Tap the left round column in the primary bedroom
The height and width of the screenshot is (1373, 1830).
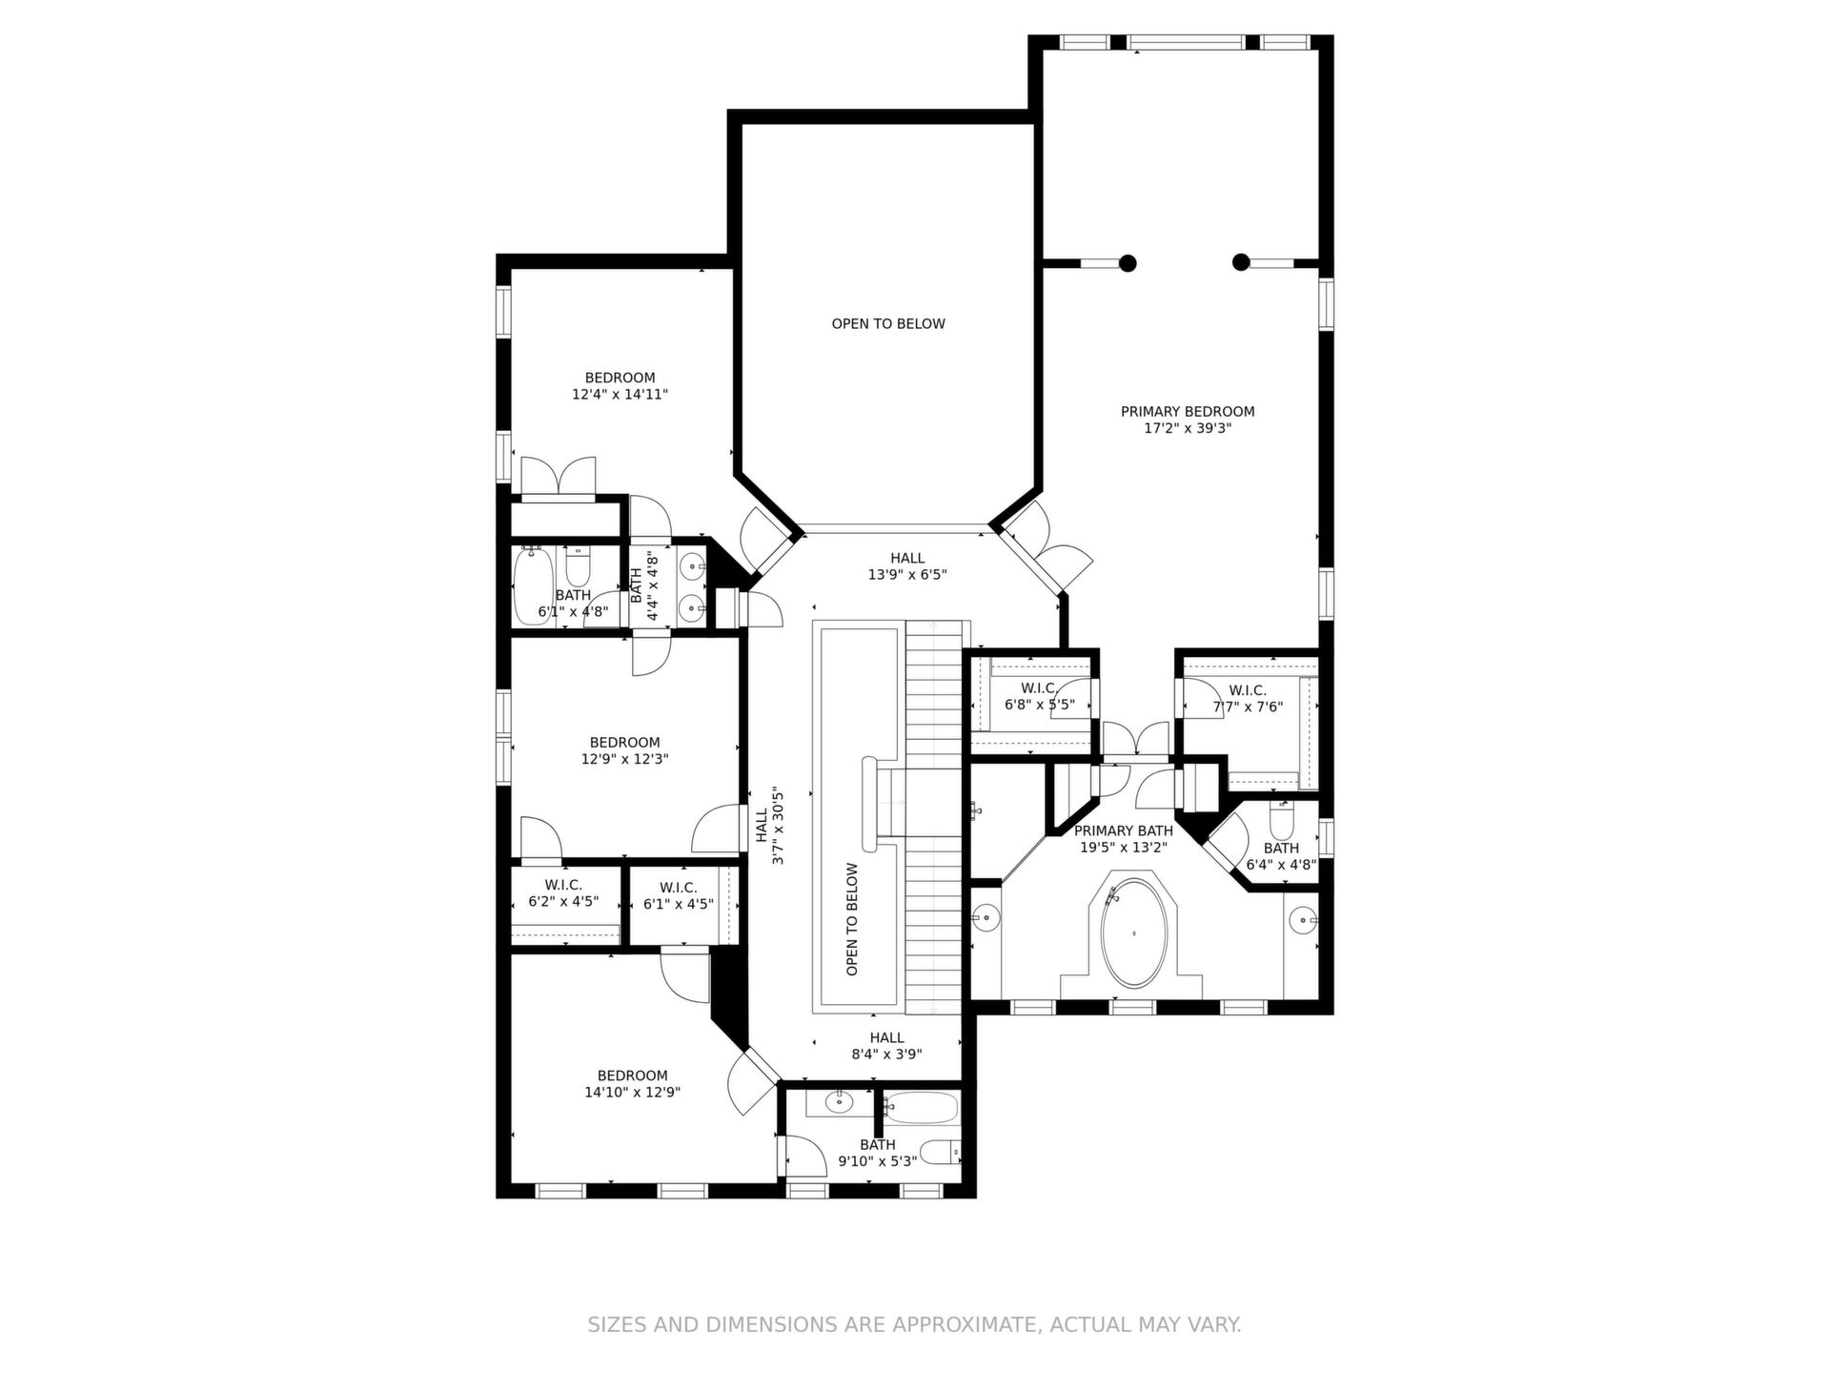pos(1128,262)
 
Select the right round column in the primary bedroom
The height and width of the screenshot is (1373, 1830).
pos(1240,261)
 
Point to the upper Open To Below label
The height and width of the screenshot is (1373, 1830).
pos(888,324)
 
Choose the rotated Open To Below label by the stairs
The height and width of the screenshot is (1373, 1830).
pos(852,919)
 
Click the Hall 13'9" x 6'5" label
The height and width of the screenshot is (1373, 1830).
pos(907,566)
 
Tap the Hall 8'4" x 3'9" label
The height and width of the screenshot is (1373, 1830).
pos(886,1046)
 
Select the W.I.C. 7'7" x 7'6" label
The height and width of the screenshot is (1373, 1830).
pos(1248,699)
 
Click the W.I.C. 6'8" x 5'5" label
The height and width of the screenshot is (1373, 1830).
pos(1039,697)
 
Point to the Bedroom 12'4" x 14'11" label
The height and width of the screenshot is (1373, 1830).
pos(620,385)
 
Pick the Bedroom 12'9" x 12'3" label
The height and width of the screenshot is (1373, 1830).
pos(624,751)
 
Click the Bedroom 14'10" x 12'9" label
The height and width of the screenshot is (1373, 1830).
pos(632,1084)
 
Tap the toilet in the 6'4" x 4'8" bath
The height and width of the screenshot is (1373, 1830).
pos(1281,818)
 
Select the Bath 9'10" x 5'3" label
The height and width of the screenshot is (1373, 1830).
pos(877,1153)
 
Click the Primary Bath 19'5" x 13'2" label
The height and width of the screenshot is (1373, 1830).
pos(1123,839)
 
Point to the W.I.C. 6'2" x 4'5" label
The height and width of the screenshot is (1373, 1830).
pos(563,893)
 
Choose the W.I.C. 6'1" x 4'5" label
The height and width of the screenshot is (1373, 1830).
pos(678,895)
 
